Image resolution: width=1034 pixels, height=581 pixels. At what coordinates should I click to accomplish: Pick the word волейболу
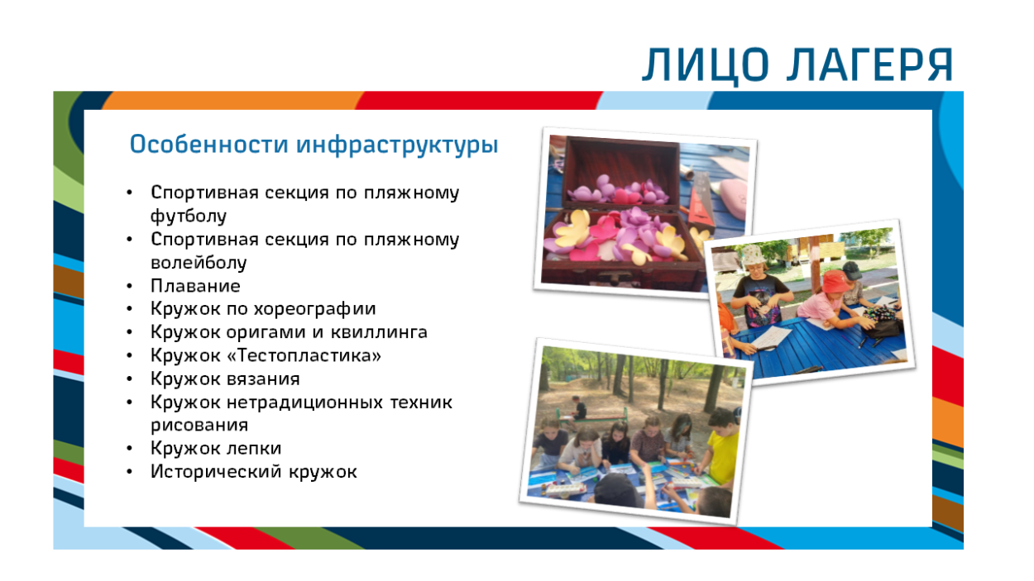pos(199,263)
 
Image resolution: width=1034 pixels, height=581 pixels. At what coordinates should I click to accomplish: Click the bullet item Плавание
pos(195,286)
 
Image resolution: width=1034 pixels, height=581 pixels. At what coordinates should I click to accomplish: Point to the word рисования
pos(199,425)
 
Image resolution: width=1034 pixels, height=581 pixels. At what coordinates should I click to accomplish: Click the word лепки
pos(256,448)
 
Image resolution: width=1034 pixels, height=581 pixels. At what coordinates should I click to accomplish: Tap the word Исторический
pos(215,472)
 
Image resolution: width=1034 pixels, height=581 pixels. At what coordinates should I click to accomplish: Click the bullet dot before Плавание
pos(129,286)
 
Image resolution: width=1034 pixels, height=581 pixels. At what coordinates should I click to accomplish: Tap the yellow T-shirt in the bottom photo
pos(721,458)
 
